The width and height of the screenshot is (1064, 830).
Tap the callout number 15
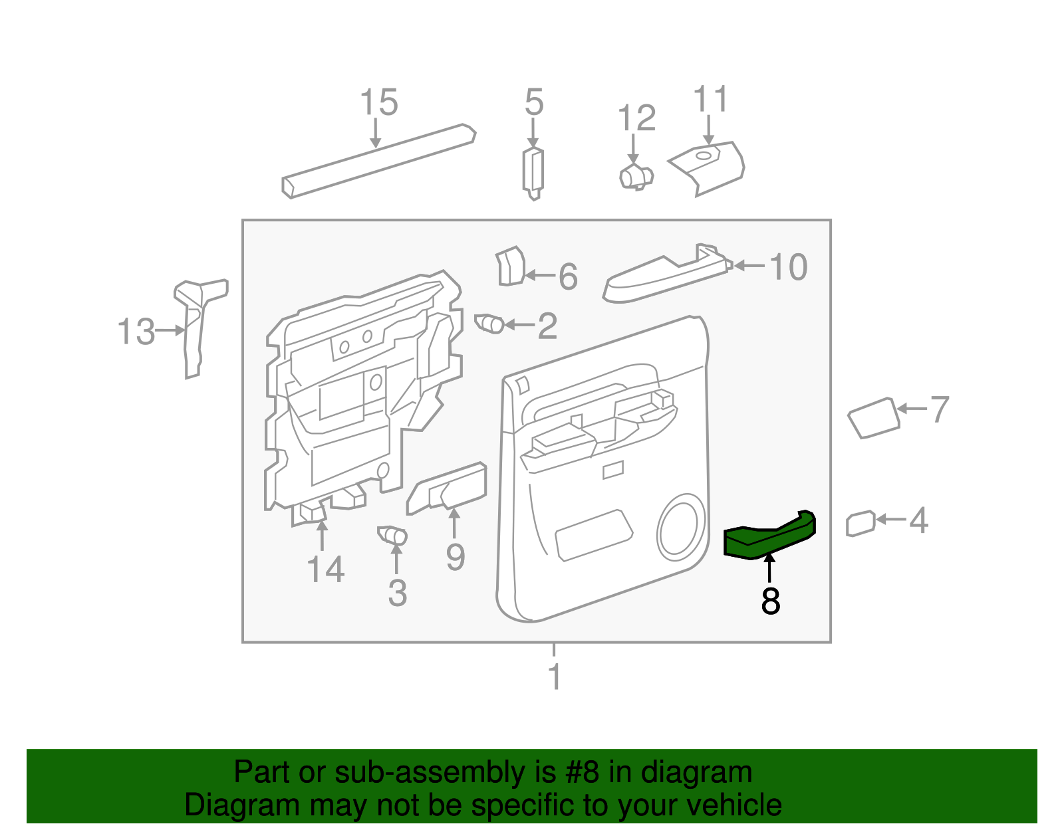pyautogui.click(x=378, y=103)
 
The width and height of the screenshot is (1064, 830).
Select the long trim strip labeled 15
pyautogui.click(x=379, y=161)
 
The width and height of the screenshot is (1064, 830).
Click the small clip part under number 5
pyautogui.click(x=533, y=171)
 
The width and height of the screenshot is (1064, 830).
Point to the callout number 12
pyautogui.click(x=636, y=118)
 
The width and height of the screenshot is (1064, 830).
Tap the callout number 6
pyautogui.click(x=567, y=276)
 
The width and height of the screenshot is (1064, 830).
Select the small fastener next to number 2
pyautogui.click(x=490, y=324)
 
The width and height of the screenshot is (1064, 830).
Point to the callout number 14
pyautogui.click(x=325, y=570)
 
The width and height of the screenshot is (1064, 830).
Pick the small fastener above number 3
pyautogui.click(x=393, y=535)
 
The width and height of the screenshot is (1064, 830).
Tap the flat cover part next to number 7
pyautogui.click(x=874, y=418)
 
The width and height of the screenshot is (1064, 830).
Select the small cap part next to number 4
pyautogui.click(x=860, y=524)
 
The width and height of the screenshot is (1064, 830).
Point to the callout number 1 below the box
pyautogui.click(x=555, y=676)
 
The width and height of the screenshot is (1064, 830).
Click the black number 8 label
pyautogui.click(x=770, y=601)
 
